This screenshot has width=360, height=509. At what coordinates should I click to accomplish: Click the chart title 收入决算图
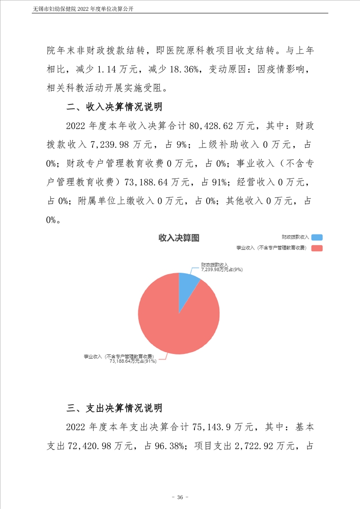pos(179,238)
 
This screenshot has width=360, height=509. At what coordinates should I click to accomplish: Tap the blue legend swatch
pos(317,237)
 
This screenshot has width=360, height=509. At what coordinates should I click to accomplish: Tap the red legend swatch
pos(317,248)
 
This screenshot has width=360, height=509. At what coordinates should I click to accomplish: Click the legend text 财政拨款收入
pos(295,237)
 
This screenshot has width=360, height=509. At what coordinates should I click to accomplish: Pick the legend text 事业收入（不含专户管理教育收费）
pos(271,248)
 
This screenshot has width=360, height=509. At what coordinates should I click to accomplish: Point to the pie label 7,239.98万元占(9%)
pos(222,269)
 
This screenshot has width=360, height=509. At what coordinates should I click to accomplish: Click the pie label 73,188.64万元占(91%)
pos(133,362)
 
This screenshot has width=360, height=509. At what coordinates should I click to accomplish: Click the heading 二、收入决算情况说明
pos(114,108)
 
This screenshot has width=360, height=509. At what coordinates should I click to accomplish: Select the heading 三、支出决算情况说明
pos(114,408)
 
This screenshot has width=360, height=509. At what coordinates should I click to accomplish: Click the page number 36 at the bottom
pos(180,498)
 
